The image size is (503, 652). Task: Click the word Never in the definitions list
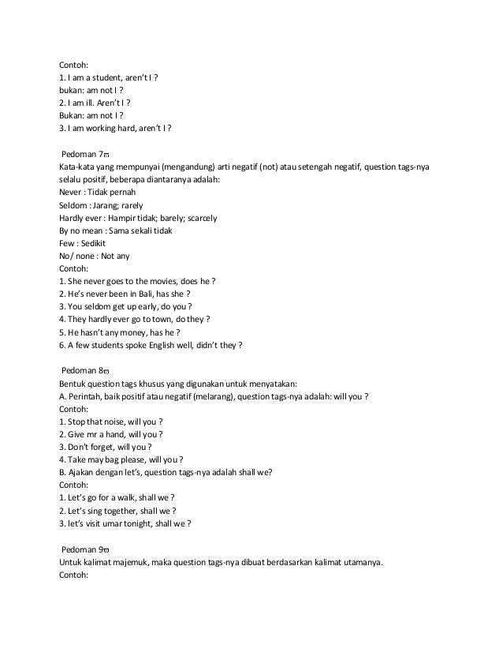click(70, 192)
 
